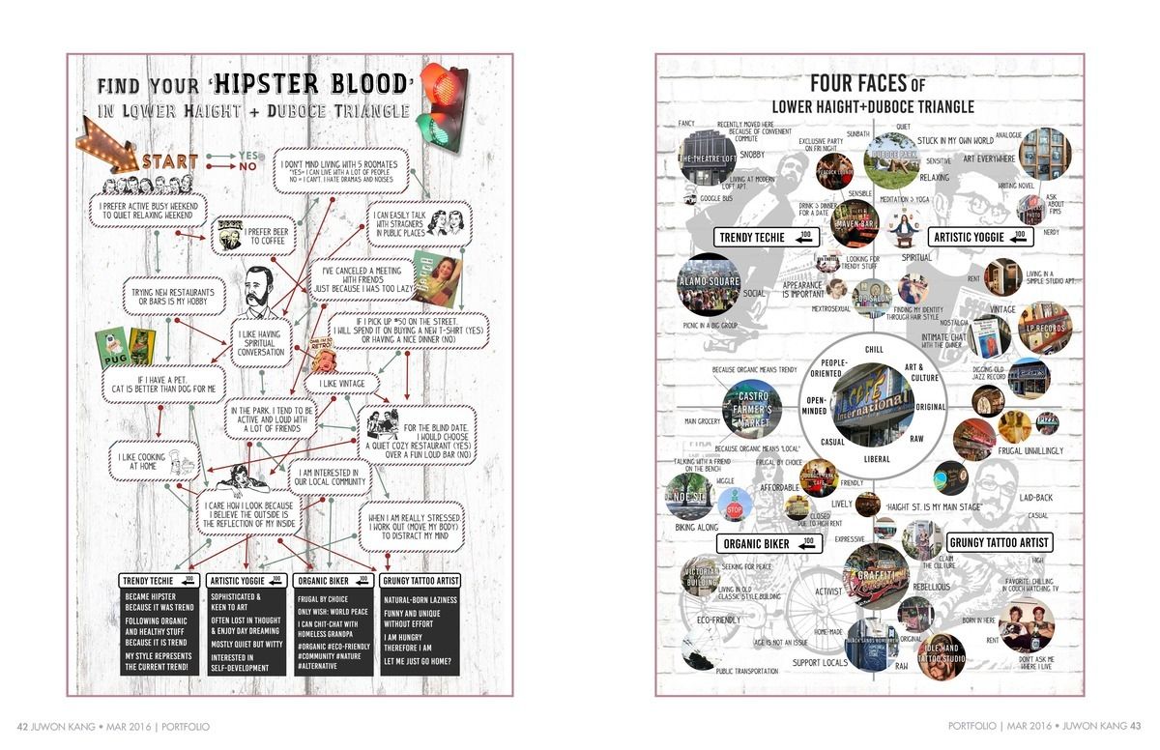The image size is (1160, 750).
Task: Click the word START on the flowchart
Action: tap(172, 161)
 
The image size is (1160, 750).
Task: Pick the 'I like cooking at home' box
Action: tap(141, 459)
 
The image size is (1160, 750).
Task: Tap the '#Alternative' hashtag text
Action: tap(320, 666)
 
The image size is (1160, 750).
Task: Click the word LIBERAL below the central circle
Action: tap(876, 459)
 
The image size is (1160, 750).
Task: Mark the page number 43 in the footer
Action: tap(1136, 726)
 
